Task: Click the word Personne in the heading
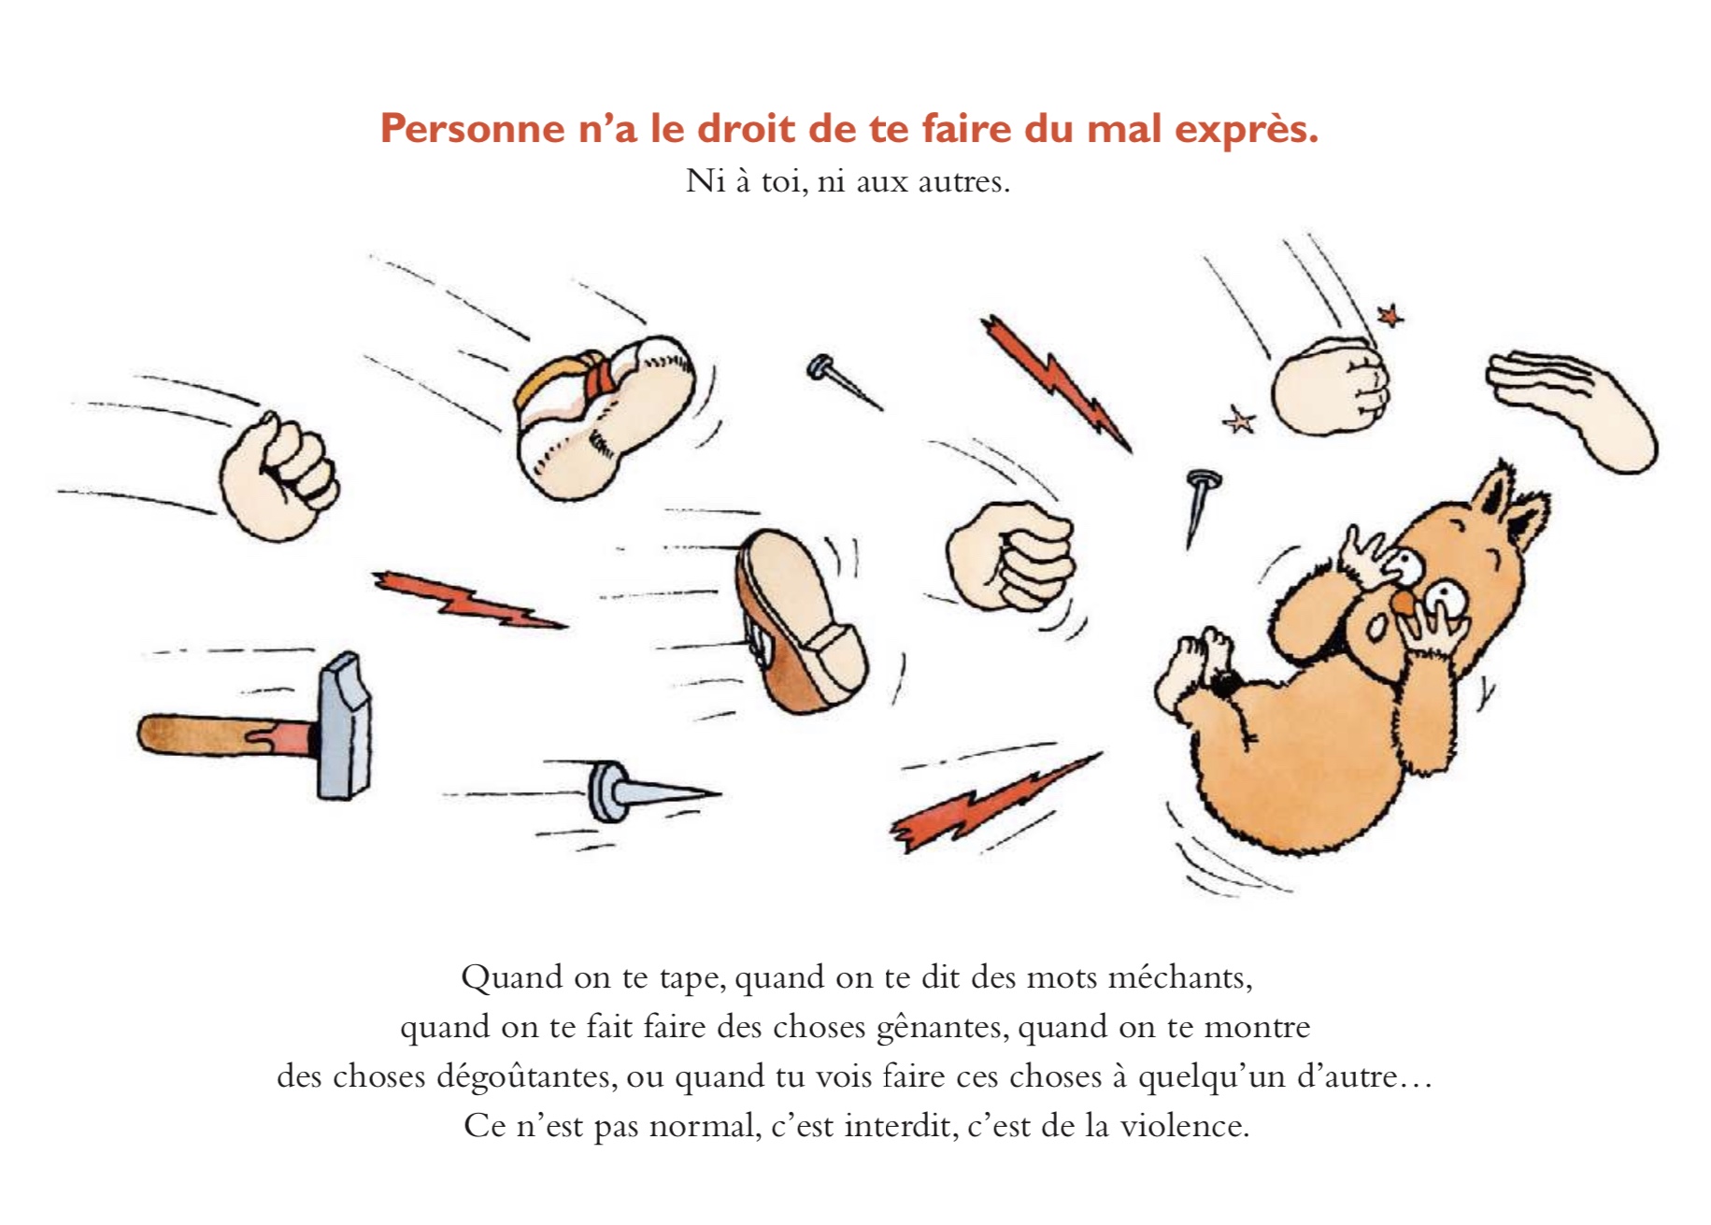click(x=472, y=129)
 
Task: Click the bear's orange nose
click(x=1402, y=605)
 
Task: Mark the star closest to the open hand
click(x=1390, y=315)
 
